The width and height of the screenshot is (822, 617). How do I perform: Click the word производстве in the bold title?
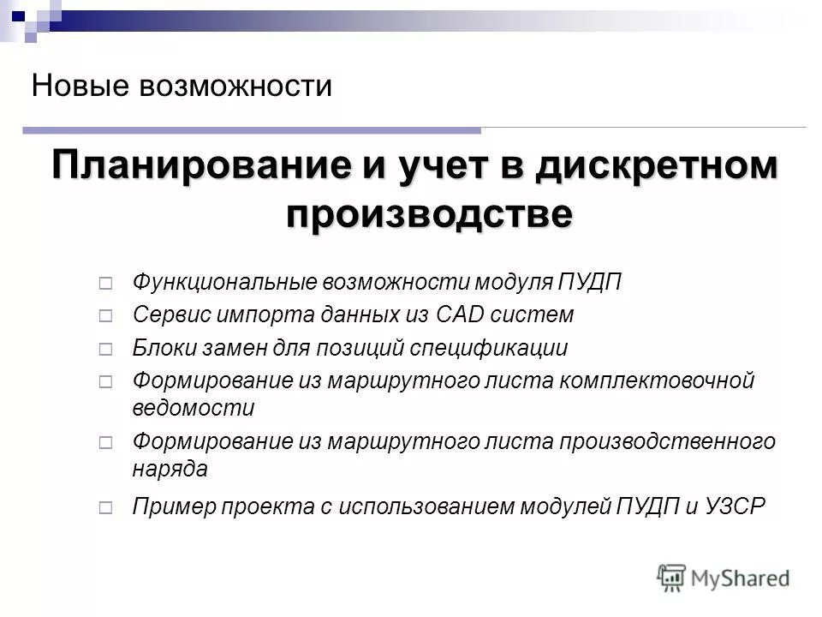click(427, 212)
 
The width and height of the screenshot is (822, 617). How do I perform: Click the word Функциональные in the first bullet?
click(224, 282)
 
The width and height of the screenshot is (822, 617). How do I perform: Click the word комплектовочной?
click(657, 380)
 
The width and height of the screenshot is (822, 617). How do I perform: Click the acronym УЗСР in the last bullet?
click(733, 506)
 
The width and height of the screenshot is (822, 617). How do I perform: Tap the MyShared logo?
click(724, 577)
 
